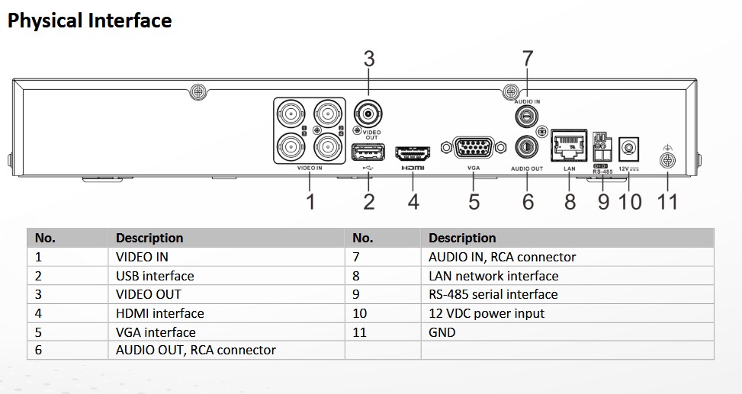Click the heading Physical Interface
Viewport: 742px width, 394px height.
pos(89,21)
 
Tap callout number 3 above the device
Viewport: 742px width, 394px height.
pos(369,59)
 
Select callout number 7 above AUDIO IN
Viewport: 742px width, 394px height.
pos(527,59)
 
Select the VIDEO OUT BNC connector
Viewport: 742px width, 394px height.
pos(369,115)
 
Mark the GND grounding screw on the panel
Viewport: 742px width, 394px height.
pos(667,160)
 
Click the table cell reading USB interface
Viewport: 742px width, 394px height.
pos(155,276)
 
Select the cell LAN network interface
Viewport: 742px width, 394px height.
pos(493,276)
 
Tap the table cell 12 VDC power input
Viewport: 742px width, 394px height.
pos(487,313)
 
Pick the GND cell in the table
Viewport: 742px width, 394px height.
pos(442,332)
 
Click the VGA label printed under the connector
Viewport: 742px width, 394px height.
pos(472,168)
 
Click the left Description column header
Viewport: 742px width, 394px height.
pos(149,238)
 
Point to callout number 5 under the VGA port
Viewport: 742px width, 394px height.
pos(474,201)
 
